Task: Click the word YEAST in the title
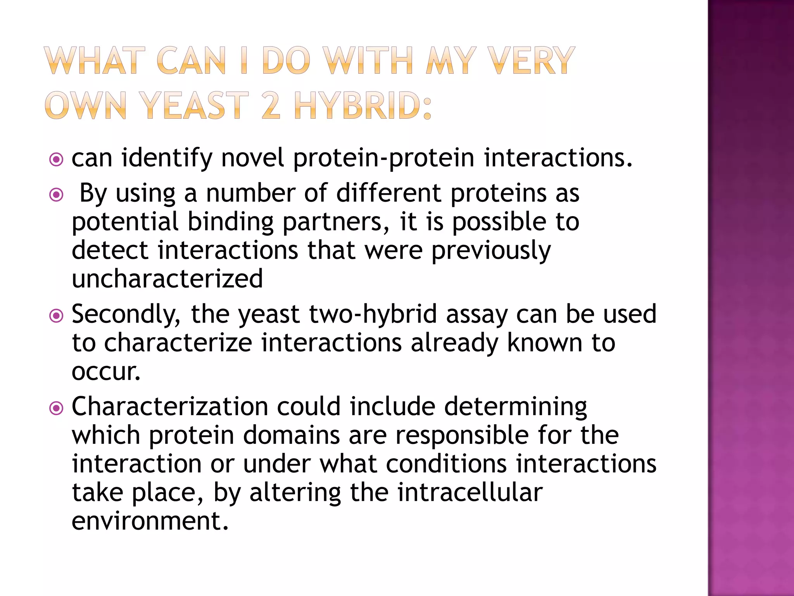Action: [x=194, y=105]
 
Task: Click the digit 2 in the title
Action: [x=271, y=105]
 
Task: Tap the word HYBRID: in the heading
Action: [x=363, y=105]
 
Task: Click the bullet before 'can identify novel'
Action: [x=57, y=159]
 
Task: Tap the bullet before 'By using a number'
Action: [x=57, y=194]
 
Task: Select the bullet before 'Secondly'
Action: [x=57, y=315]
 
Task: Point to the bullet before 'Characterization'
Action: [x=57, y=408]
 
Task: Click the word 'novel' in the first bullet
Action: [x=252, y=158]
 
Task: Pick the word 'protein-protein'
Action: [x=384, y=159]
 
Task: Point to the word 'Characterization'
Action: [x=170, y=407]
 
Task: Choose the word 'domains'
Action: [x=292, y=435]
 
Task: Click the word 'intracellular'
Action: [x=469, y=492]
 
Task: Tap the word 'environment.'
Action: [x=150, y=521]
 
